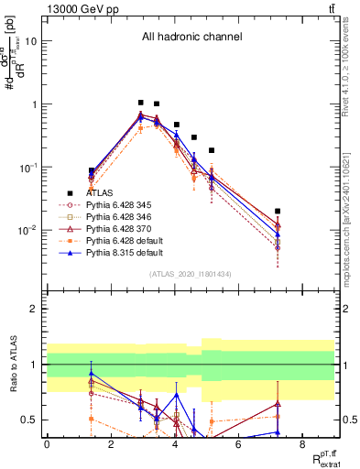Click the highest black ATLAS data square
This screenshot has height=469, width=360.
(x=140, y=104)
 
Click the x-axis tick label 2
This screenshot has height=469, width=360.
(x=110, y=444)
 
